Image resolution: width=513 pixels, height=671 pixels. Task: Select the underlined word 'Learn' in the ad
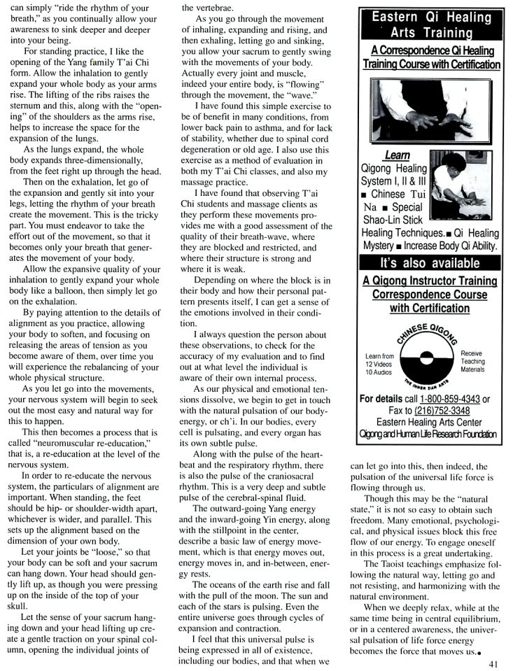coord(398,155)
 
